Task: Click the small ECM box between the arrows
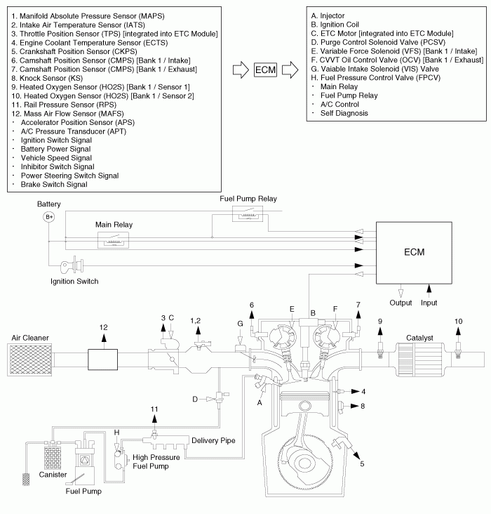[x=265, y=70]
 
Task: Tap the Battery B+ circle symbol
[x=49, y=217]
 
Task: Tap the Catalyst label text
[x=419, y=338]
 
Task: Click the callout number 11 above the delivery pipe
[x=155, y=409]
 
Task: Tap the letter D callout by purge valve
[x=196, y=399]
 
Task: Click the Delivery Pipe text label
[x=212, y=440]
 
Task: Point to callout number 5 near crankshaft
[x=361, y=463]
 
